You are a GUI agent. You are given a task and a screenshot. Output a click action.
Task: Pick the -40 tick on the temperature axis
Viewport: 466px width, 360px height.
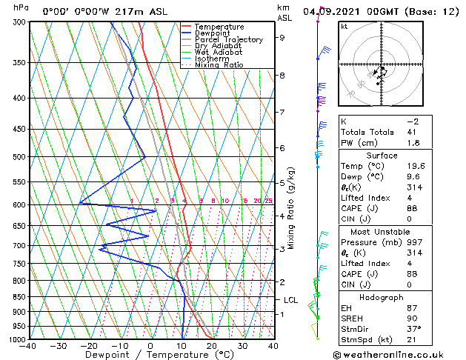point(29,346)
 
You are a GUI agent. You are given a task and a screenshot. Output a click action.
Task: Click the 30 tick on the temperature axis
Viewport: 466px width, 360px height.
point(242,346)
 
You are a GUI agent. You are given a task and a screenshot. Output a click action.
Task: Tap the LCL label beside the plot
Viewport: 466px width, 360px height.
point(291,300)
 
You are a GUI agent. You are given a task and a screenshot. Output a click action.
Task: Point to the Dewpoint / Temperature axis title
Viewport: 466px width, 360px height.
point(151,355)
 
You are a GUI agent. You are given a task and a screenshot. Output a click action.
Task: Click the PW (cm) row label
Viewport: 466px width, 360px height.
point(356,143)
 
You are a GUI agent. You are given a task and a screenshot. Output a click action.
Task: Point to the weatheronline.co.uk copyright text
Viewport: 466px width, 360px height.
point(400,354)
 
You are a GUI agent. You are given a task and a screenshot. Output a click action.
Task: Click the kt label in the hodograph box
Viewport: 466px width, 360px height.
point(344,26)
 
